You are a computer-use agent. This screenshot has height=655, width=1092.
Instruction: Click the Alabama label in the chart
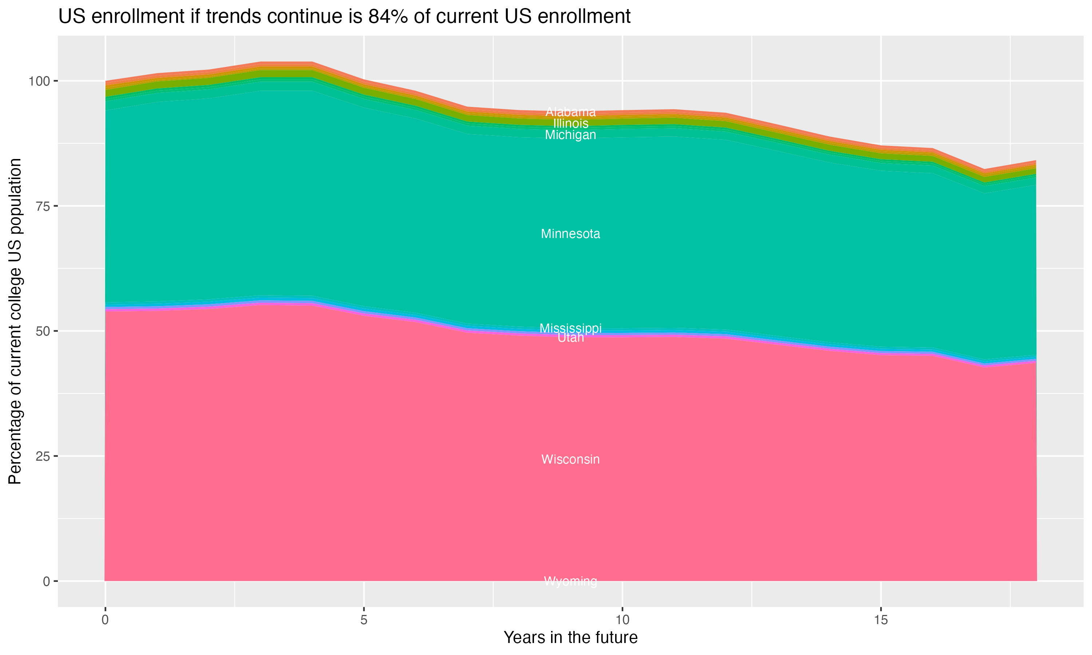click(570, 112)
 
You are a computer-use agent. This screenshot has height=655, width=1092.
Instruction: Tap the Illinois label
click(570, 124)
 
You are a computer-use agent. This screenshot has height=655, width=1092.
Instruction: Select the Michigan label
click(570, 135)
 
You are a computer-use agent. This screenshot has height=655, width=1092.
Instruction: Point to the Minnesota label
click(570, 234)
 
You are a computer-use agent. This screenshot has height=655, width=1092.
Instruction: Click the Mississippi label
click(570, 328)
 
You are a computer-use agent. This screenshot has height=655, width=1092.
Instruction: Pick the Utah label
click(570, 338)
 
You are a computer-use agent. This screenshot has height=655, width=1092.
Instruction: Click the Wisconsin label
click(570, 460)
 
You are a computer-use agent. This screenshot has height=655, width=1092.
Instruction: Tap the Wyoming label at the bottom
click(570, 581)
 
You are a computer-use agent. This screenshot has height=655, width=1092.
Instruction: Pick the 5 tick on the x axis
click(364, 620)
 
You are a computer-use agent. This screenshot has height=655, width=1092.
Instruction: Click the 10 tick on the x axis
click(622, 620)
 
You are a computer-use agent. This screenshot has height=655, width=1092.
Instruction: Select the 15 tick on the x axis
click(881, 620)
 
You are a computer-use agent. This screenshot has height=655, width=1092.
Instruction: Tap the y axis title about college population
click(15, 321)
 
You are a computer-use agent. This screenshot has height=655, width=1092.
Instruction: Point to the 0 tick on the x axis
click(105, 620)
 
